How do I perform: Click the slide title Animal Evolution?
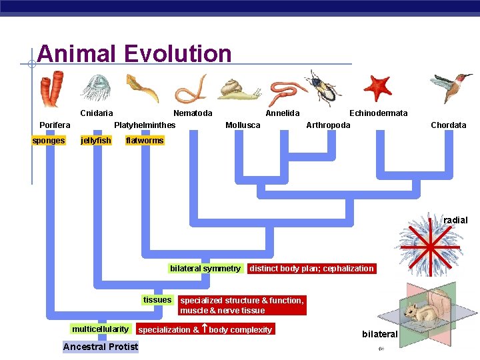pyautogui.click(x=134, y=53)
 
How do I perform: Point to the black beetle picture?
pyautogui.click(x=323, y=89)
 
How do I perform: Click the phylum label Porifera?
pyautogui.click(x=55, y=125)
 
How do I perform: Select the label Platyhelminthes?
pyautogui.click(x=145, y=125)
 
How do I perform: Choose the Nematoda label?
pyautogui.click(x=193, y=113)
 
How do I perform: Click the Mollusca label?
pyautogui.click(x=243, y=125)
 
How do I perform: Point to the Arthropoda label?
pyautogui.click(x=328, y=125)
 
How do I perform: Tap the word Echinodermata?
pyautogui.click(x=378, y=113)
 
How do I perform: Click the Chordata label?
pyautogui.click(x=448, y=125)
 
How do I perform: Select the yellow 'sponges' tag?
pyautogui.click(x=49, y=141)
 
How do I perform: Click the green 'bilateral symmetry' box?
pyautogui.click(x=205, y=269)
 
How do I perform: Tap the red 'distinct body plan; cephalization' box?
pyautogui.click(x=311, y=269)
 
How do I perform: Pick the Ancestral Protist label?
pyautogui.click(x=101, y=347)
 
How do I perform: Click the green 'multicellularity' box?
pyautogui.click(x=100, y=329)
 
